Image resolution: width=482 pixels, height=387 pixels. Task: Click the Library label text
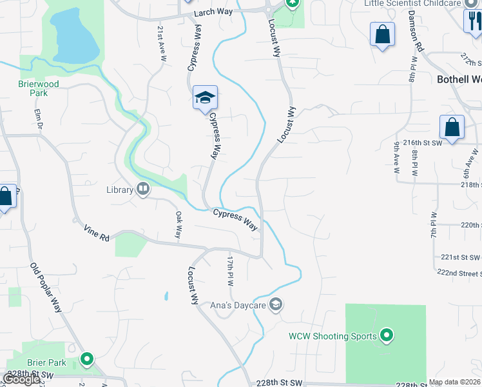point(120,190)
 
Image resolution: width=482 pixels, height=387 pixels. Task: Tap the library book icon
point(143,190)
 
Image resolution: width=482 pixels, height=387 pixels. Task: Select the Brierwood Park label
point(38,88)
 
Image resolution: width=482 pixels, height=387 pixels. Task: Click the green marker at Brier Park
point(86,359)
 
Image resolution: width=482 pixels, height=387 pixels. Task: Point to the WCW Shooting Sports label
point(333,335)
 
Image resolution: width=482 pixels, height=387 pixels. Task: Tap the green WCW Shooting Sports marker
point(387,335)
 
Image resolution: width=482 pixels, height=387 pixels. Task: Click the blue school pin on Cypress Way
point(205,98)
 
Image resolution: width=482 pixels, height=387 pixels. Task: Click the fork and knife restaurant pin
point(472,22)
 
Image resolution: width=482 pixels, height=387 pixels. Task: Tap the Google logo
point(21,380)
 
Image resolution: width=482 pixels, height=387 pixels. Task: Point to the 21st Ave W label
point(161,43)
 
